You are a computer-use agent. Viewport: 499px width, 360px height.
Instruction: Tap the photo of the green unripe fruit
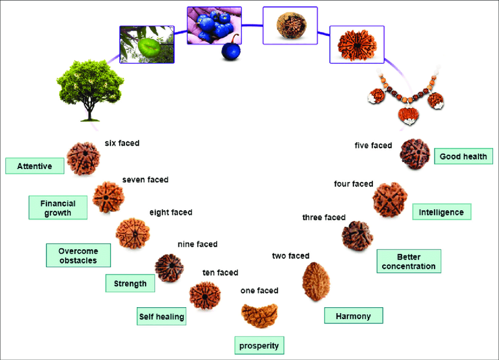(146, 44)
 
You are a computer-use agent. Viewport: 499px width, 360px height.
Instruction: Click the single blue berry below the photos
(230, 51)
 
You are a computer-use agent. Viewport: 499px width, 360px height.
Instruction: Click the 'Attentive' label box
(35, 166)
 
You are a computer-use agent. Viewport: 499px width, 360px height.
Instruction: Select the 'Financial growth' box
(58, 208)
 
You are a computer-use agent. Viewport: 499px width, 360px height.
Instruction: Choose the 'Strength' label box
(130, 284)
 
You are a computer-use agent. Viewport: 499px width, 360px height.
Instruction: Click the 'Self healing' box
(161, 317)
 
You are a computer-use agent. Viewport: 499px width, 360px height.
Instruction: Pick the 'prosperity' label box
(259, 345)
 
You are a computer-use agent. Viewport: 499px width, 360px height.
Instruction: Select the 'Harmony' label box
(353, 316)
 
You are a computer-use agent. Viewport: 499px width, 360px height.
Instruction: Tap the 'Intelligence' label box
(441, 212)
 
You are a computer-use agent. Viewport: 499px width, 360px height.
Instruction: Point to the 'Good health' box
(463, 156)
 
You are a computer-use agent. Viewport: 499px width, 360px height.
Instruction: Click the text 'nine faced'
(197, 244)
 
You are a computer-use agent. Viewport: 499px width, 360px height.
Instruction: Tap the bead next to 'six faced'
(83, 159)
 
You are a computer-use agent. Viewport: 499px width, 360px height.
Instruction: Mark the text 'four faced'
(353, 184)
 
